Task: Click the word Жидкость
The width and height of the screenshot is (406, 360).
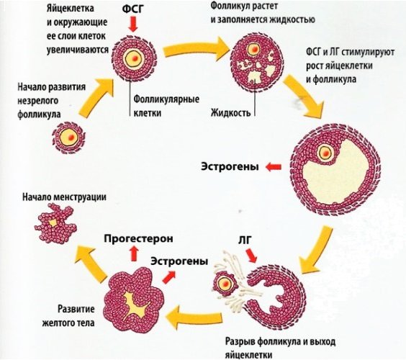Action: pos(231,113)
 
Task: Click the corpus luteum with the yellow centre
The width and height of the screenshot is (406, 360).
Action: pos(133,294)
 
